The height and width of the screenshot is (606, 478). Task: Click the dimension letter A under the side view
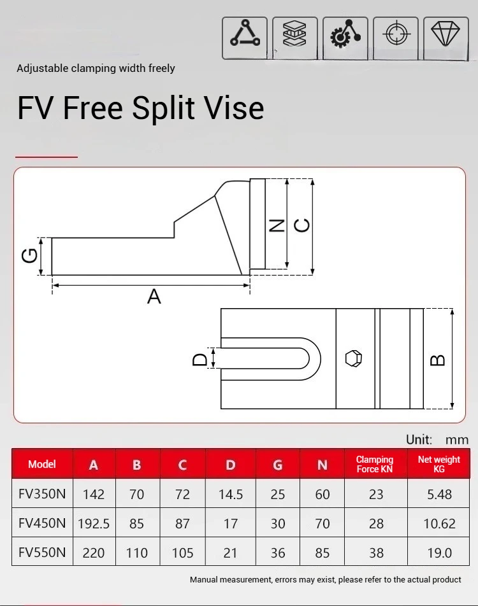pos(154,297)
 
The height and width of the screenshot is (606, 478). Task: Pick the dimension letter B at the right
pos(438,360)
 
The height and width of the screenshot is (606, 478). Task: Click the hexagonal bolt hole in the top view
pos(354,358)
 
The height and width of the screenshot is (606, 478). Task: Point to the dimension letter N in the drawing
pos(277,225)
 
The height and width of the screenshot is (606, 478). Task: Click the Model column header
pos(42,464)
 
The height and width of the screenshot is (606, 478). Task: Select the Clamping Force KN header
pos(375,464)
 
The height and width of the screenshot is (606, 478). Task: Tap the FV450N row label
pos(42,523)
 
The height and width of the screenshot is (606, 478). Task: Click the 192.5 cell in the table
pos(94,524)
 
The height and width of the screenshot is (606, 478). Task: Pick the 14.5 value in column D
pos(231,495)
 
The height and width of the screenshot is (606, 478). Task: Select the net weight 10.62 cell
pos(439,524)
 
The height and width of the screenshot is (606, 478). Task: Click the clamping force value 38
pos(376,553)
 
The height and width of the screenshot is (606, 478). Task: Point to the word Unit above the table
pos(419,439)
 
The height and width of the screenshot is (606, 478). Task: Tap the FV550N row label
pos(42,553)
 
